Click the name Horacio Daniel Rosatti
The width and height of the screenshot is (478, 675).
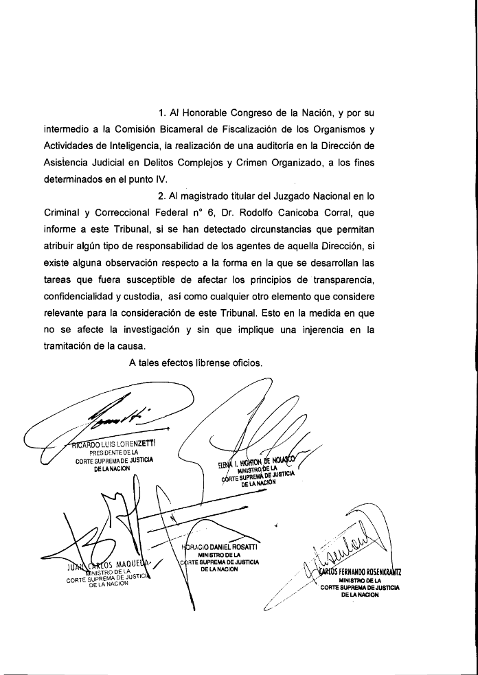(x=219, y=547)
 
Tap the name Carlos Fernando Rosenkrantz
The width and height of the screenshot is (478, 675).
(x=361, y=571)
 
